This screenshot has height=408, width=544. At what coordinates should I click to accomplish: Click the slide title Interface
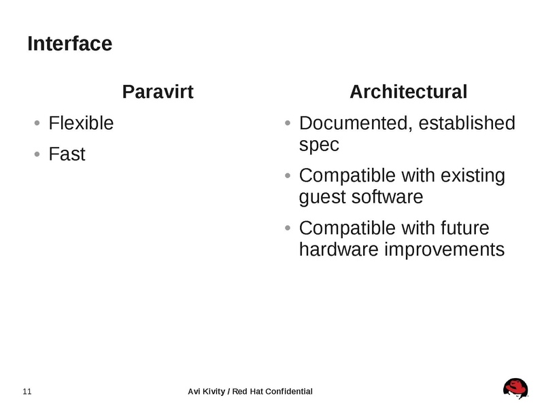[x=69, y=44]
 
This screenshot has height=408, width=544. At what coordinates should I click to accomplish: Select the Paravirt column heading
[x=158, y=92]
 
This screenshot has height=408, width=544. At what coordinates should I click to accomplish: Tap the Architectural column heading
[x=408, y=92]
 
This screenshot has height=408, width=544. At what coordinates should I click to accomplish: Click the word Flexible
[x=81, y=124]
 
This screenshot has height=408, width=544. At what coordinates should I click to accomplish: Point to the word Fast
[x=67, y=154]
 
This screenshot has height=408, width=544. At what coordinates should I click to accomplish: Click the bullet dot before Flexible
[x=37, y=124]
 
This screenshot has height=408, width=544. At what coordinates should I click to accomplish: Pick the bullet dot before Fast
[x=37, y=155]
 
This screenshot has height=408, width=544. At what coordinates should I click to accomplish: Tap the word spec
[x=318, y=145]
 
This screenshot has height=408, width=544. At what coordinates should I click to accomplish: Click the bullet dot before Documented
[x=288, y=124]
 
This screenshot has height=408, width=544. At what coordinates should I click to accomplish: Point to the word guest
[x=322, y=197]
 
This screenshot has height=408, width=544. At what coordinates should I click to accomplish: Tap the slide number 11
[x=27, y=391]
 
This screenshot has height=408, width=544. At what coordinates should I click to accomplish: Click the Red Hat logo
[x=516, y=388]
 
